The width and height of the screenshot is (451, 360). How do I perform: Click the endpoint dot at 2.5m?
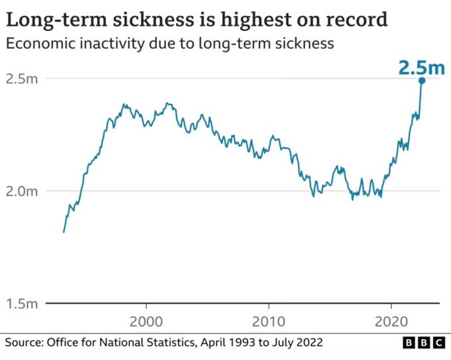[421, 80]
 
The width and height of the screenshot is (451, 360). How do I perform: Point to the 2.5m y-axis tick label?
[21, 79]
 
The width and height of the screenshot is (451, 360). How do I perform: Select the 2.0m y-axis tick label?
[21, 192]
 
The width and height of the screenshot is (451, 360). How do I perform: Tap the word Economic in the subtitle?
[38, 44]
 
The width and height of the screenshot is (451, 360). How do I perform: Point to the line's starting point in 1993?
[64, 232]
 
